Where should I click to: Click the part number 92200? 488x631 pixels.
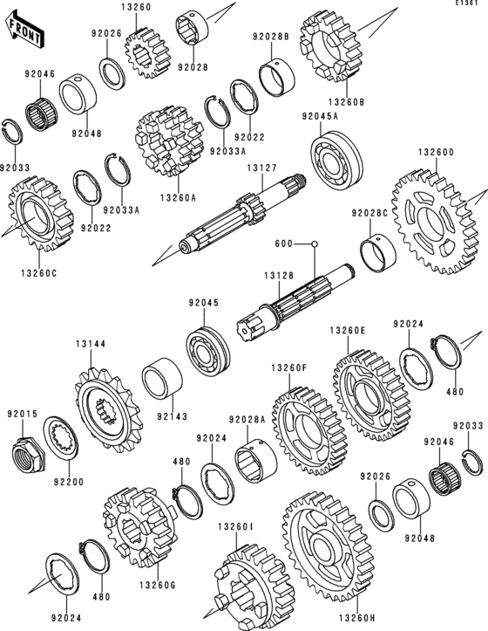tap(66, 480)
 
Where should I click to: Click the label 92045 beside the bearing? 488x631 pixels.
tap(203, 303)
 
